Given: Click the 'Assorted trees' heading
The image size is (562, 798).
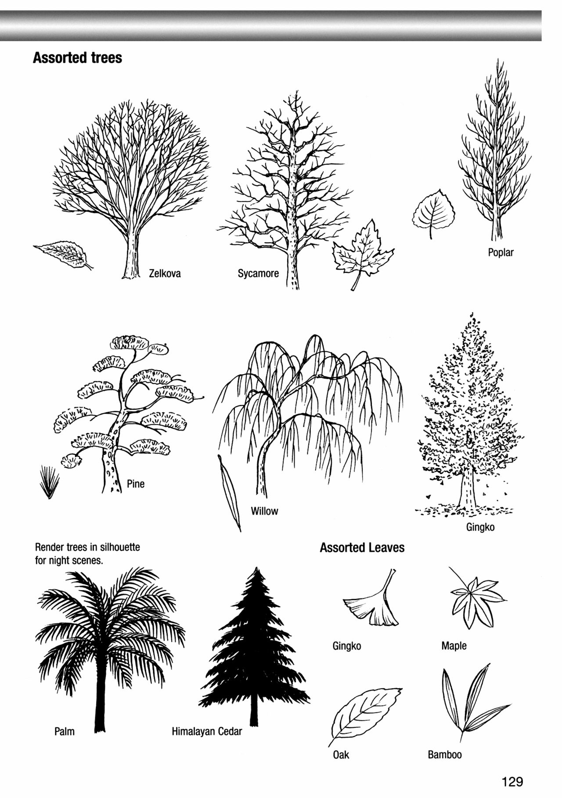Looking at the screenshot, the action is coord(77,57).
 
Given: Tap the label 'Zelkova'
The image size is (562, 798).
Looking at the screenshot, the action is coord(165,274).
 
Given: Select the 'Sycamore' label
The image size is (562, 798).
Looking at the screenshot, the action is coord(258,274).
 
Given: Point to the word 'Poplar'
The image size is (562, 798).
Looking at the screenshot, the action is coord(501,253).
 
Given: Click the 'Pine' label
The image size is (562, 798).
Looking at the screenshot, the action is coord(136,484).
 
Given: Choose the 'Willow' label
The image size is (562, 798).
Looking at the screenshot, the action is coord(264,511).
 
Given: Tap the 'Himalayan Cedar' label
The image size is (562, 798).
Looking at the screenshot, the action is coord(207,732).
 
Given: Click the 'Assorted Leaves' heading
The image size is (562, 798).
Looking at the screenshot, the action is coord(362,548).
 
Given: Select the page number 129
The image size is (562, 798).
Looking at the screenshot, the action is coord(513,781).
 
